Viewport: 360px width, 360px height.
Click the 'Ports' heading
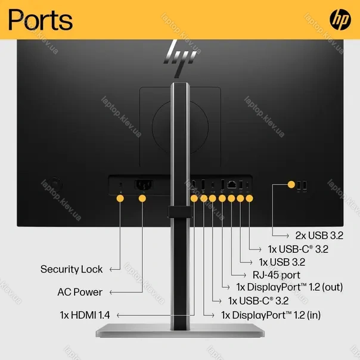pos(41,20)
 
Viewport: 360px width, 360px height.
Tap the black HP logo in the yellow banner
pos(340,20)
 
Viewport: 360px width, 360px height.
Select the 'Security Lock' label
pos(72,269)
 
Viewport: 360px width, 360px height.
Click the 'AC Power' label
pos(80,292)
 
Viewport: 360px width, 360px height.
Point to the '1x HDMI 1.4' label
pos(85,315)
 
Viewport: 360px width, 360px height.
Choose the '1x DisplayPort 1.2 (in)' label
pos(271,315)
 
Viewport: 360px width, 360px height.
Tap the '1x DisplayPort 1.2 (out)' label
pos(290,287)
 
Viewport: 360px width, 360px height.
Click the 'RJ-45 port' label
pos(277,275)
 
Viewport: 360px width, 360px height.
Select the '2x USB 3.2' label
pos(319,235)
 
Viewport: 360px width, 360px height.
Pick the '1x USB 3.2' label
pos(282,262)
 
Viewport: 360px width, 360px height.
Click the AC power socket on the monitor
pos(144,185)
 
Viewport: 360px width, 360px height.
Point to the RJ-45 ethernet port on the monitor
pos(231,184)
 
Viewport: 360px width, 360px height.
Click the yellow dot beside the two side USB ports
pos(291,184)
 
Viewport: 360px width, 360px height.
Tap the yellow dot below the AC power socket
pos(142,198)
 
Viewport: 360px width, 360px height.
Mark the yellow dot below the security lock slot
pos(120,198)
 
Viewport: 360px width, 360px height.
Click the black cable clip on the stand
pos(180,212)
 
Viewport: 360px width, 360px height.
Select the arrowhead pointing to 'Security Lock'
pos(111,269)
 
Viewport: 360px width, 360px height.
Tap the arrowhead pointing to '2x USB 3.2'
pos(287,235)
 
